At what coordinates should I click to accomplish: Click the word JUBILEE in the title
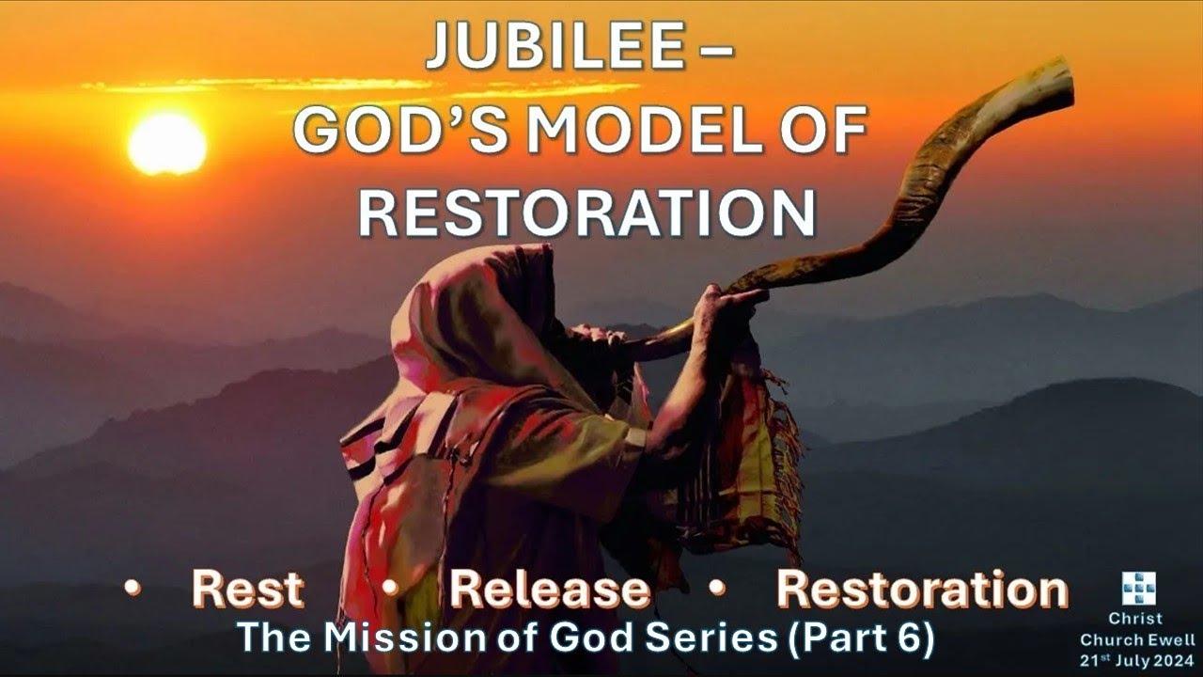(x=555, y=46)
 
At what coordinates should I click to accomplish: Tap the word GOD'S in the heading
(x=399, y=130)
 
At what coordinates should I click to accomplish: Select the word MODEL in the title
(x=646, y=130)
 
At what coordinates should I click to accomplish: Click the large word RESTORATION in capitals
(x=587, y=213)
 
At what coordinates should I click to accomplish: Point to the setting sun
(x=167, y=144)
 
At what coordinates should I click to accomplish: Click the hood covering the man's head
(x=473, y=317)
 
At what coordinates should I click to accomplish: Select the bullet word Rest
(x=247, y=590)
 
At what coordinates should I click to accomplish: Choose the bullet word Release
(x=550, y=590)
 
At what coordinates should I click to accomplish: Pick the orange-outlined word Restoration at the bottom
(x=922, y=590)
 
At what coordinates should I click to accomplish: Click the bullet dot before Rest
(x=133, y=588)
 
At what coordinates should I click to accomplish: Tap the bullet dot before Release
(x=390, y=588)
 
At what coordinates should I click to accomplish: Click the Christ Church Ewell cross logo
(x=1138, y=588)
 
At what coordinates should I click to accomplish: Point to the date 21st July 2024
(x=1137, y=660)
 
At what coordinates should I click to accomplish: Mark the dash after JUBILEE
(x=716, y=51)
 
